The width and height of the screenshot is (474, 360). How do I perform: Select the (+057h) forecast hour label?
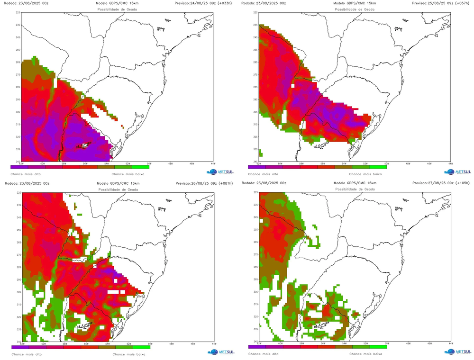click(x=461, y=3)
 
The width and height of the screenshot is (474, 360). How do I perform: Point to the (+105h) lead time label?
click(x=461, y=183)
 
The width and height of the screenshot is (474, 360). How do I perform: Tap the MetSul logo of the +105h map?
click(x=457, y=351)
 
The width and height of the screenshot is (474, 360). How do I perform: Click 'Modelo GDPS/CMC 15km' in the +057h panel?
click(x=354, y=3)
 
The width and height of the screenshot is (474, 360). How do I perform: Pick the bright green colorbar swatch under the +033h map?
click(x=141, y=167)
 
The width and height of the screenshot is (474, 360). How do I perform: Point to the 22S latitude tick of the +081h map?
click(x=18, y=193)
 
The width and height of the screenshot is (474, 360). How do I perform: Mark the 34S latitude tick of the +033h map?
click(x=18, y=161)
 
